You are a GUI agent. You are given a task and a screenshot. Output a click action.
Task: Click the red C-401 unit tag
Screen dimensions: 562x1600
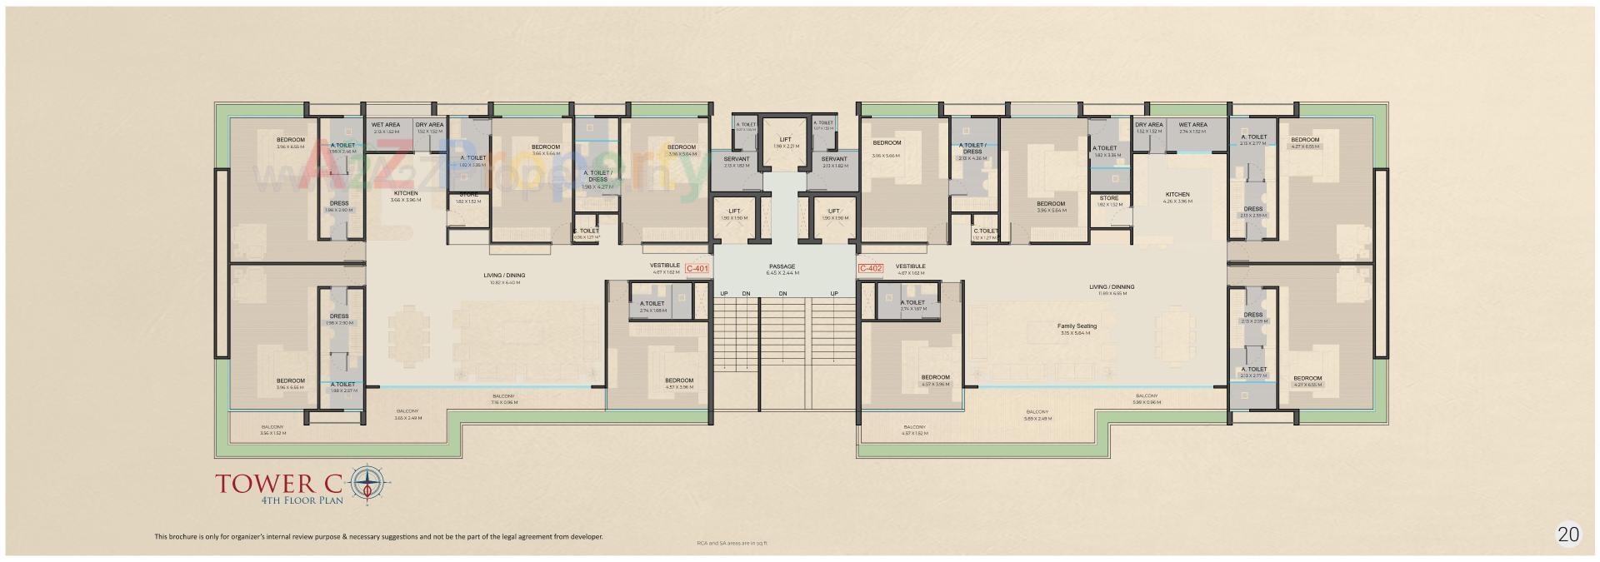pyautogui.click(x=697, y=269)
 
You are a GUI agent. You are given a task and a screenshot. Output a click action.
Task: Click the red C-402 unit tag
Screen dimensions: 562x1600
pyautogui.click(x=870, y=268)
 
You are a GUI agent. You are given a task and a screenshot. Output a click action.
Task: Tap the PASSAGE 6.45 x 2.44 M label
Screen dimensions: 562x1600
pyautogui.click(x=782, y=270)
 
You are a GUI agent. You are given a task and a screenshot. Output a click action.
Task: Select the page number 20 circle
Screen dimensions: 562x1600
pyautogui.click(x=1568, y=535)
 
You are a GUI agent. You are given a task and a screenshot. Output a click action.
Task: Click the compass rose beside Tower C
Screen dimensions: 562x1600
pyautogui.click(x=367, y=485)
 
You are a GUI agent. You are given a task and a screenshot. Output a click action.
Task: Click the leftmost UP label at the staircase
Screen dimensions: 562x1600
pyautogui.click(x=724, y=293)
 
